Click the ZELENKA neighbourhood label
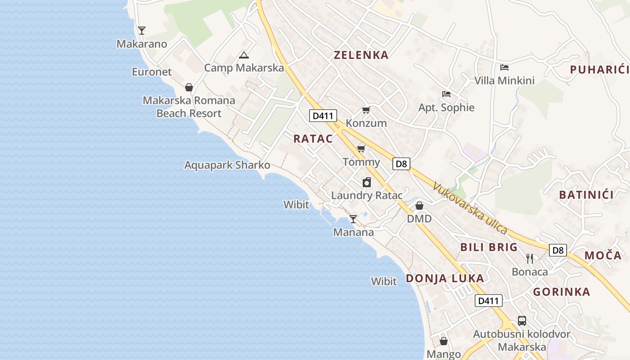click(x=361, y=55)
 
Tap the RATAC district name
click(x=313, y=139)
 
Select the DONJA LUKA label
click(x=445, y=278)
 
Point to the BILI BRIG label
click(x=489, y=247)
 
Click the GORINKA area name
click(x=562, y=292)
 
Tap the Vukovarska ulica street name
click(x=470, y=207)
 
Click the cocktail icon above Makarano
click(x=142, y=31)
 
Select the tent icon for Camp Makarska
click(x=244, y=55)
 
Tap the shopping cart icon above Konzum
click(x=366, y=110)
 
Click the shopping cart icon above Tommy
click(x=361, y=148)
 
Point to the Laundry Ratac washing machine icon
click(x=367, y=182)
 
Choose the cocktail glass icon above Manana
click(x=353, y=219)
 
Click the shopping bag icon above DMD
click(x=419, y=206)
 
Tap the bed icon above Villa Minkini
click(x=504, y=67)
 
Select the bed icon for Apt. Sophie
click(x=446, y=94)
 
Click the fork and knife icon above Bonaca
click(x=530, y=258)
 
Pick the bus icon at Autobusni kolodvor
click(x=522, y=321)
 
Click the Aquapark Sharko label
click(x=227, y=165)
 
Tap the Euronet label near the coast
click(x=152, y=72)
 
